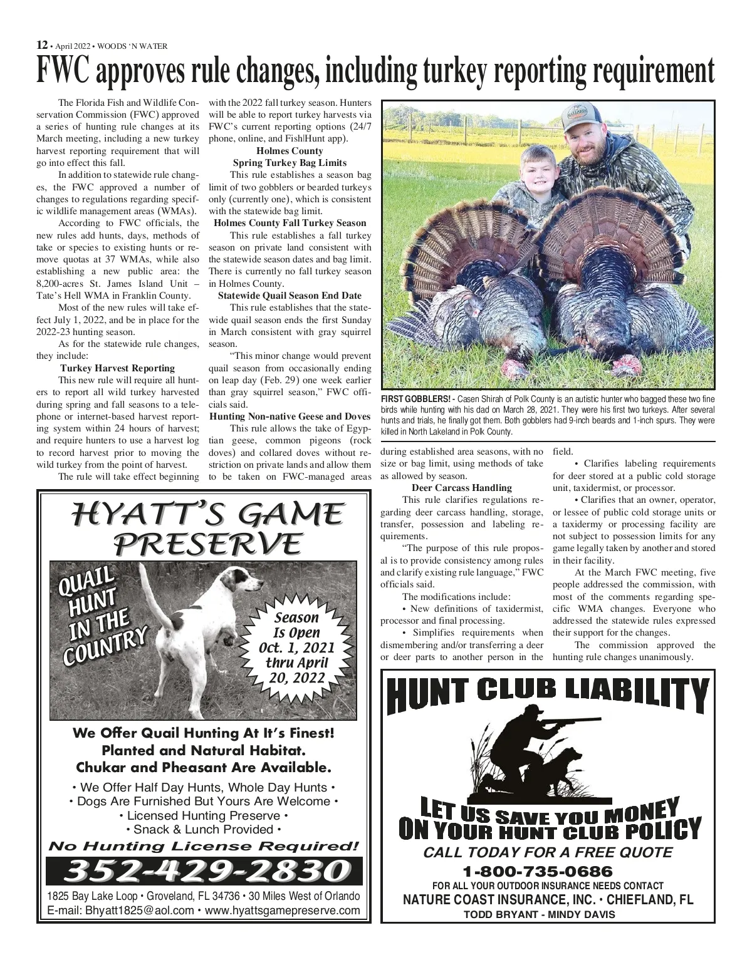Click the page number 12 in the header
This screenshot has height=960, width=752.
pyautogui.click(x=41, y=45)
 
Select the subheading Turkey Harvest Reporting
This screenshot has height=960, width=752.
pyautogui.click(x=117, y=368)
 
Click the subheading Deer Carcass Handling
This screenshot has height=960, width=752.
pyautogui.click(x=462, y=488)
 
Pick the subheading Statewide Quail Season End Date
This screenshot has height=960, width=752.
pyautogui.click(x=290, y=296)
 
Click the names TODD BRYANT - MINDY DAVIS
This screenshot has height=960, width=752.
pyautogui.click(x=539, y=914)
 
